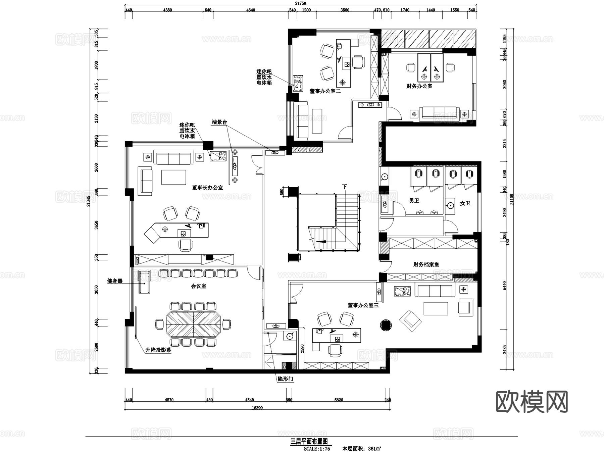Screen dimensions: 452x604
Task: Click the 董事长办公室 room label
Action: pos(207,188)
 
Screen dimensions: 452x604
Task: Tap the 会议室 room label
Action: pos(199,286)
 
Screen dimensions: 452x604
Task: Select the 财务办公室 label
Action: pos(419,86)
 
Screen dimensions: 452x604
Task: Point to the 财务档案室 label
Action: pos(426,264)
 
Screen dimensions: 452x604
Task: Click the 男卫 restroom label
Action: pos(414,201)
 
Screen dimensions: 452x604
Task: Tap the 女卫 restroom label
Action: pos(465,203)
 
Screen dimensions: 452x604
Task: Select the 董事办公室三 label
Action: pos(363,305)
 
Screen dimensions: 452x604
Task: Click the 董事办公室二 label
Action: pos(325,91)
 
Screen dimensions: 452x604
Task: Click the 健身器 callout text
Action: pos(115,281)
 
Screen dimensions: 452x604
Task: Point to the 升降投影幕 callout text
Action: pos(158,350)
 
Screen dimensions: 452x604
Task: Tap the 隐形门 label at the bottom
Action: pos(286,379)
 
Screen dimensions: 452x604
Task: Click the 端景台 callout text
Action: pos(219,122)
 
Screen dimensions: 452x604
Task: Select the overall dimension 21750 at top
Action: pos(301,3)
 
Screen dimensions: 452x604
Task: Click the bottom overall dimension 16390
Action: pos(257,408)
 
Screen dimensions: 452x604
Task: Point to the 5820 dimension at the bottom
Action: pos(339,400)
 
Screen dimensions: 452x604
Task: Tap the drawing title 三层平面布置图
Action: pos(308,441)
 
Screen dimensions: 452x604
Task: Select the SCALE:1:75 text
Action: pos(317,448)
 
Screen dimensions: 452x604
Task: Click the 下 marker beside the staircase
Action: pos(344,187)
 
